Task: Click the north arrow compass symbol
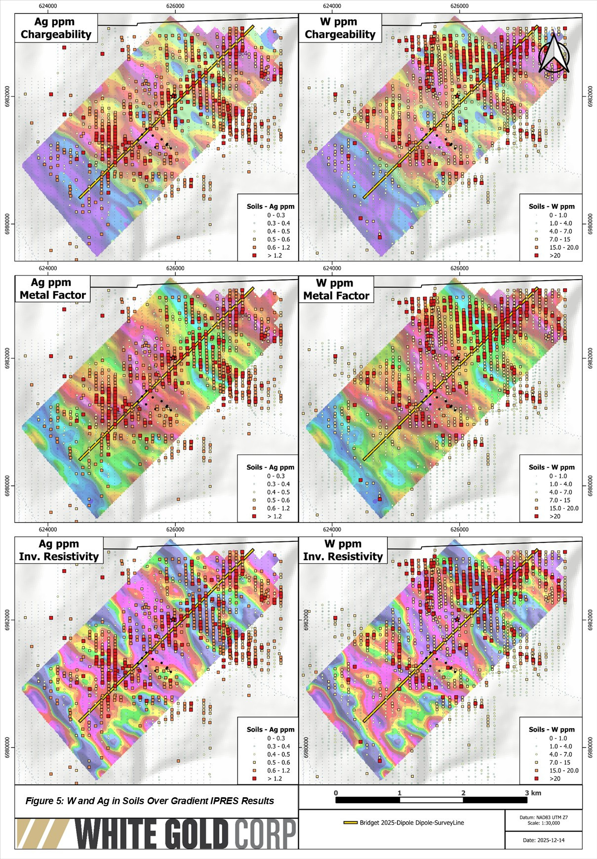tap(554, 53)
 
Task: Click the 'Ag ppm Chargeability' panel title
tap(56, 28)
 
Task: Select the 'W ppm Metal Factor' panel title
tap(336, 289)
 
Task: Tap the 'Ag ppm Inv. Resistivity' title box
tap(59, 550)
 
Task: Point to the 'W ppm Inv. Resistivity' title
tap(343, 550)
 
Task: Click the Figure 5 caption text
tap(150, 801)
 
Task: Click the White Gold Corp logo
tap(157, 834)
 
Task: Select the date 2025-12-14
tap(543, 840)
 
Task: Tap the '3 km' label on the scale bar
tap(533, 793)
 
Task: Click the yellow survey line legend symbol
tap(350, 822)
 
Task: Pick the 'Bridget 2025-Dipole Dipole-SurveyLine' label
tap(411, 822)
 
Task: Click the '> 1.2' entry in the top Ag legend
tap(275, 255)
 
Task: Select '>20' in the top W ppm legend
tap(555, 255)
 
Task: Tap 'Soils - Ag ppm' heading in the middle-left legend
tap(270, 467)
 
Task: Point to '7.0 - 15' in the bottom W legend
tap(559, 762)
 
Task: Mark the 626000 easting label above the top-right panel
tap(459, 6)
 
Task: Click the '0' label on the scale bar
tap(336, 793)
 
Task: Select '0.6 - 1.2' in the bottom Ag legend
tap(279, 770)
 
